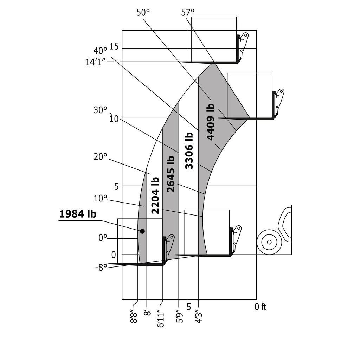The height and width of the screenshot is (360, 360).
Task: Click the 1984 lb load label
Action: pyautogui.click(x=78, y=214)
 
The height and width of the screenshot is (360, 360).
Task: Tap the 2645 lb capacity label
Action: pyautogui.click(x=171, y=174)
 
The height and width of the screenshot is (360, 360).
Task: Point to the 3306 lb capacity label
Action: pyautogui.click(x=189, y=150)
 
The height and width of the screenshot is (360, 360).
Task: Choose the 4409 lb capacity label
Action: pyautogui.click(x=210, y=122)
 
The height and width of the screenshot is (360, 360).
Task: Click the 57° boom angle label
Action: pyautogui.click(x=188, y=13)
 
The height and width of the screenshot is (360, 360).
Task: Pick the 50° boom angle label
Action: pyautogui.click(x=143, y=13)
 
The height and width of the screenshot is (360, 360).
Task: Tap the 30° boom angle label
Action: pyautogui.click(x=100, y=110)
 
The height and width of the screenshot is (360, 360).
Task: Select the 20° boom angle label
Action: pyautogui.click(x=100, y=157)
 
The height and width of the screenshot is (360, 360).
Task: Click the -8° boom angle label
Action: pyautogui.click(x=101, y=267)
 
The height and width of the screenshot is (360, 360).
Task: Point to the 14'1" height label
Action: pyautogui.click(x=96, y=63)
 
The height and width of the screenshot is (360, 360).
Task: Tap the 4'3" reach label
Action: pyautogui.click(x=199, y=316)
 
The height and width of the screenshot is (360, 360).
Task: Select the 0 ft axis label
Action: pyautogui.click(x=261, y=307)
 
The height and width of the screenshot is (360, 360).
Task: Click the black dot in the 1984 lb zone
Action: pyautogui.click(x=142, y=231)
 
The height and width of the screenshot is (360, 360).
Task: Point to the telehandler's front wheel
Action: pyautogui.click(x=269, y=242)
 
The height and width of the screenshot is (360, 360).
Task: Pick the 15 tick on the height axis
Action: pyautogui.click(x=114, y=46)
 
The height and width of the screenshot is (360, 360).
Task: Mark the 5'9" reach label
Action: pyautogui.click(x=180, y=316)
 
